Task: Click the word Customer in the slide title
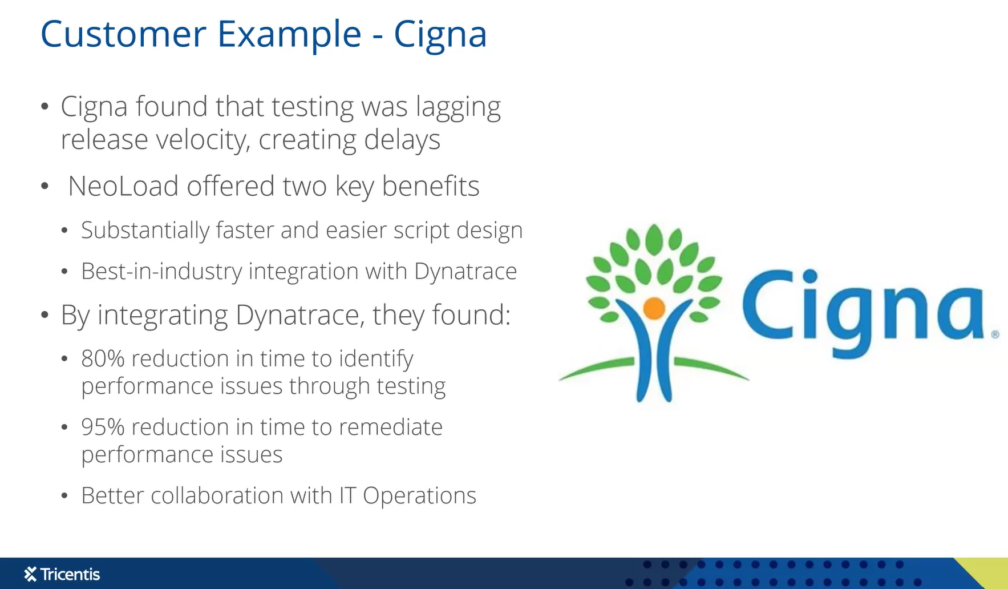123,34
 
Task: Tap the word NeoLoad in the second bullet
123,186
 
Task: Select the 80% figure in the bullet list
103,358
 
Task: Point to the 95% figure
103,427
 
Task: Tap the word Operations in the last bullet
419,496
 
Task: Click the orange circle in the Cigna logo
654,308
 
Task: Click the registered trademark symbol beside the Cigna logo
995,334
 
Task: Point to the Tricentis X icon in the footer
30,574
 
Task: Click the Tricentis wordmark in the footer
70,574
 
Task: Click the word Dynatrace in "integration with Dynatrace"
465,272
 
